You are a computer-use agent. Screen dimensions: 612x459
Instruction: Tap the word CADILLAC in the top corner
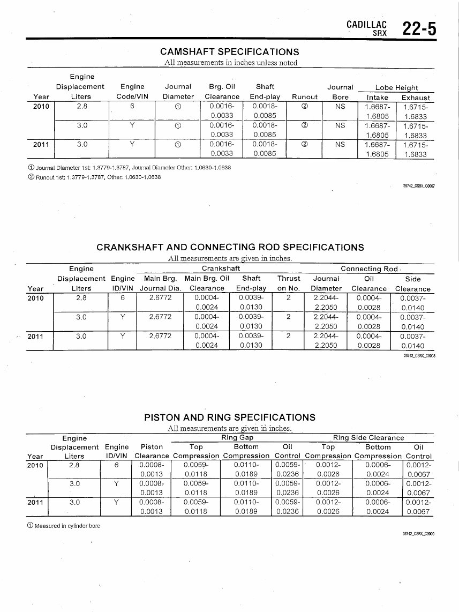tap(367, 24)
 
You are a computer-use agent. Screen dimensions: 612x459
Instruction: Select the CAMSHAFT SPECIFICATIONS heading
tap(230, 52)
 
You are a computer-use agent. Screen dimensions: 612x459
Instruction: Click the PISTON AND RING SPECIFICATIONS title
tap(230, 417)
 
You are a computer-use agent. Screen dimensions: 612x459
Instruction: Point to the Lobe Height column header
tap(396, 87)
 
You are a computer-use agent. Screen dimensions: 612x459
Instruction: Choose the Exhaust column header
tap(416, 98)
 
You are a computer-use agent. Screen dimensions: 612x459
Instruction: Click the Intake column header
tap(378, 98)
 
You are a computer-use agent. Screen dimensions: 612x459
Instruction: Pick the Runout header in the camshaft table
tap(304, 97)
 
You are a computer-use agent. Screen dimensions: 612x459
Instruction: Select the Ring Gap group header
tap(237, 438)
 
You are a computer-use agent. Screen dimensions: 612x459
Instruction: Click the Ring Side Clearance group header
tap(368, 438)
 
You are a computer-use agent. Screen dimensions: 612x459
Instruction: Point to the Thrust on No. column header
tap(289, 283)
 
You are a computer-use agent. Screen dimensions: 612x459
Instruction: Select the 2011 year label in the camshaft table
tap(41, 144)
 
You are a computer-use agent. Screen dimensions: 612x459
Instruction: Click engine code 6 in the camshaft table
tap(132, 106)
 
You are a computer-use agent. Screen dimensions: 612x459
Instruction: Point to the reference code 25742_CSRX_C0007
tap(419, 186)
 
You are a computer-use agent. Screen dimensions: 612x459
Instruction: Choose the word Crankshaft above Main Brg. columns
tap(221, 268)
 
